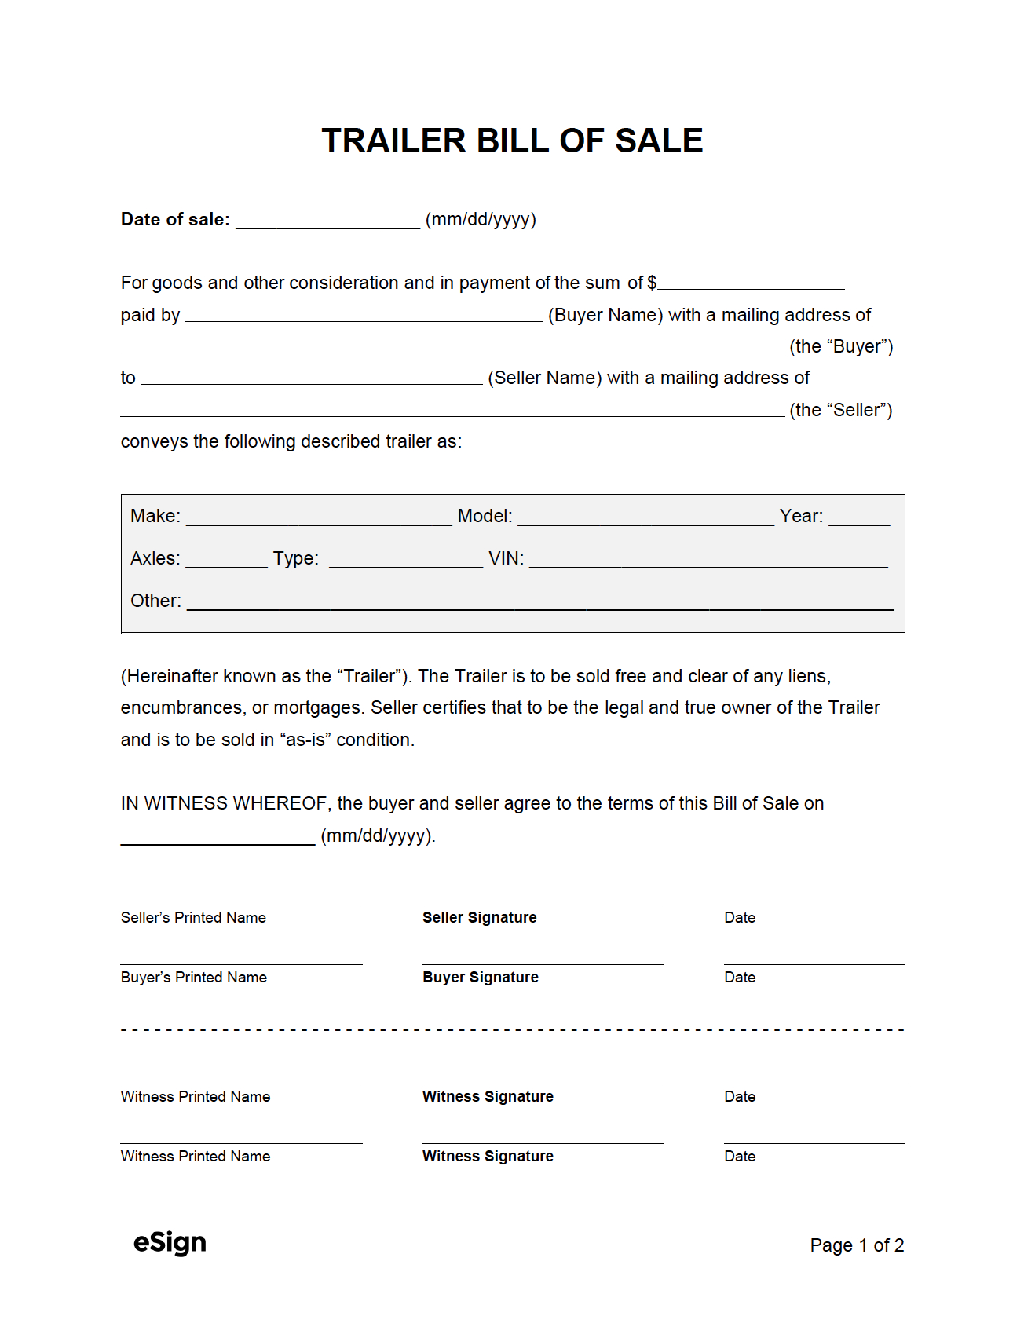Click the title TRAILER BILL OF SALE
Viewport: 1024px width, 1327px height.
coord(512,141)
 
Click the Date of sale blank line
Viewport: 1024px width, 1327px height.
coord(327,222)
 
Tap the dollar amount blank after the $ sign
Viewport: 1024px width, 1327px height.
coord(751,284)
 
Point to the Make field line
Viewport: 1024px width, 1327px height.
coord(319,519)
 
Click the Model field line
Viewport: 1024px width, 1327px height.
coord(645,519)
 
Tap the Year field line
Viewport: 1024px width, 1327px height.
coord(859,519)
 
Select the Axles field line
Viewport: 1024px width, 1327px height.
coord(226,561)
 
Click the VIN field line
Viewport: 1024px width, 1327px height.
coord(708,561)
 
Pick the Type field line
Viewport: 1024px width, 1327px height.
coord(405,561)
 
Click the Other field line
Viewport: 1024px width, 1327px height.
coord(540,604)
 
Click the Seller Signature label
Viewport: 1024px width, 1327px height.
coord(480,917)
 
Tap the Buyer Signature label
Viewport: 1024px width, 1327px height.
coord(481,977)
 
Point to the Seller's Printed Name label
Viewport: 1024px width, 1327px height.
coord(193,917)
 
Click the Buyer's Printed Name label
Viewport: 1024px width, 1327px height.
coord(194,977)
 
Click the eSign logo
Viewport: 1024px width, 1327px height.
coord(170,1242)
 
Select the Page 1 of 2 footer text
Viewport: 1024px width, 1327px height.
coord(857,1245)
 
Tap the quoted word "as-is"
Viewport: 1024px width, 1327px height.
coord(305,740)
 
